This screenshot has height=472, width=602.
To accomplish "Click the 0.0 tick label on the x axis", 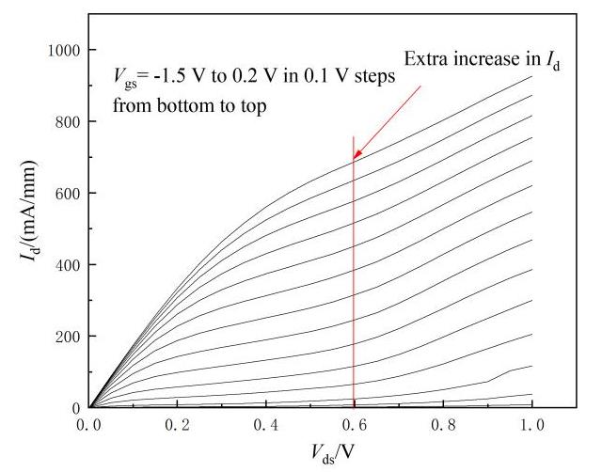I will tap(89, 424).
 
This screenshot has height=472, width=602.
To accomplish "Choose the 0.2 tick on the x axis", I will tap(178, 424).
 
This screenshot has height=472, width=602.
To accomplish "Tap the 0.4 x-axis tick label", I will tap(266, 424).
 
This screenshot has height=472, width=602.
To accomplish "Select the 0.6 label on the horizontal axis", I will tap(355, 424).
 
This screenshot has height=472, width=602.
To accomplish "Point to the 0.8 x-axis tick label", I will tap(443, 424).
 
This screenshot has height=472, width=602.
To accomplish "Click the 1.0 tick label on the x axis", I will tap(531, 424).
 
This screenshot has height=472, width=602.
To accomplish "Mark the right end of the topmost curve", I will tap(531, 77).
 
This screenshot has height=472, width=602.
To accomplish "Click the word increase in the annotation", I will tap(487, 59).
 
